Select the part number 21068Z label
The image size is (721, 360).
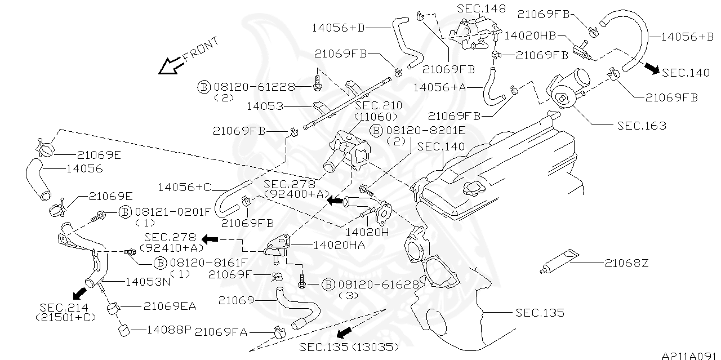[x=626, y=263]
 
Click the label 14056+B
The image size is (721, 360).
[x=687, y=37]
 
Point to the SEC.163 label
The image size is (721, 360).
[x=642, y=126]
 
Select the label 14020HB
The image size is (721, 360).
[x=529, y=35]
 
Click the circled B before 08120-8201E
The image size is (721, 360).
[x=377, y=131]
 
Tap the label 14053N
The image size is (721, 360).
[x=148, y=281]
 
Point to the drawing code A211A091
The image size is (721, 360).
[x=691, y=355]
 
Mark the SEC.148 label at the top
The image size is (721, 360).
[x=481, y=8]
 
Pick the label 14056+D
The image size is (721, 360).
[x=349, y=26]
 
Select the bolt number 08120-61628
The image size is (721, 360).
[x=378, y=285]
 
